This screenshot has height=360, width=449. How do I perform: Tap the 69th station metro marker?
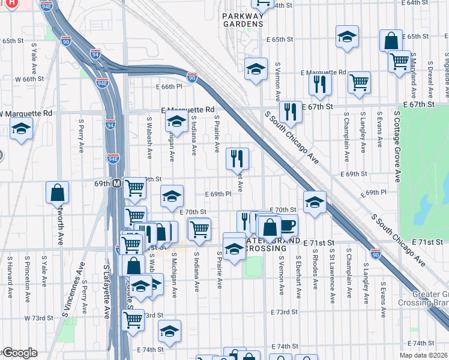point(118,182)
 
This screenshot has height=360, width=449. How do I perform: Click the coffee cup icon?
point(288,225)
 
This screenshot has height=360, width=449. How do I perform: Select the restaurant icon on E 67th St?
point(290,112)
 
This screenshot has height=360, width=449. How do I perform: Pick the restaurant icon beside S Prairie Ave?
point(237,159)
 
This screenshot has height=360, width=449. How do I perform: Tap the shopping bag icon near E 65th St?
point(391,41)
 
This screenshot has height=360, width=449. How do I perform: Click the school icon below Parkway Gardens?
point(256,69)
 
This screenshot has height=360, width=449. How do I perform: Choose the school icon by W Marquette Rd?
point(21,129)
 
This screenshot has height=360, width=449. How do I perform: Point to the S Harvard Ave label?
point(10,278)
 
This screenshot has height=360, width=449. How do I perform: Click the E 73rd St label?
point(284,312)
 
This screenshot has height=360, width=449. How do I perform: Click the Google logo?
point(19,353)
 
